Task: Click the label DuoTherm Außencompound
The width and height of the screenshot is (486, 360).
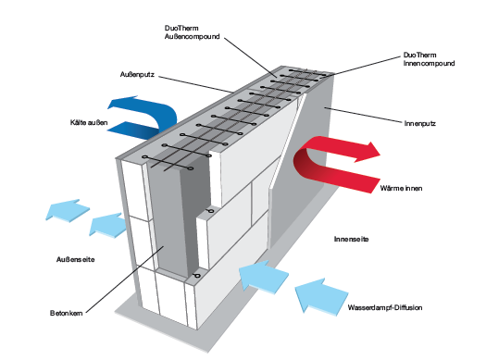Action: click(192, 32)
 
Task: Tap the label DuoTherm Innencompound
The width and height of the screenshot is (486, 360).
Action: click(429, 59)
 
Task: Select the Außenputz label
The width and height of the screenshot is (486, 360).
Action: click(137, 75)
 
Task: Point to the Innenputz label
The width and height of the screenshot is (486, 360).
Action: click(420, 123)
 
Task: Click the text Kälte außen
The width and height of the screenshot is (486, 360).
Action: click(89, 122)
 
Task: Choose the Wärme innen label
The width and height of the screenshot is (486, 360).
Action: click(401, 188)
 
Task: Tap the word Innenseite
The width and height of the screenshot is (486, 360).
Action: click(351, 239)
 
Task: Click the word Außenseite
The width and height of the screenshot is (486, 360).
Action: click(75, 259)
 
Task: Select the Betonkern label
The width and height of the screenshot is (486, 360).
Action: click(67, 313)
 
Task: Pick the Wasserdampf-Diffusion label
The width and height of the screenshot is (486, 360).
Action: click(385, 307)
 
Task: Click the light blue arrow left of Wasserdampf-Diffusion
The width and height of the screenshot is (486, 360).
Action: click(322, 297)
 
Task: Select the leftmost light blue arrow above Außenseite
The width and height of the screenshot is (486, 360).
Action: click(68, 211)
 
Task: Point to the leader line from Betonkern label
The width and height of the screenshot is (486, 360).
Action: click(125, 279)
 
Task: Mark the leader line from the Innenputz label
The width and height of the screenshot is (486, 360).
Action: click(363, 115)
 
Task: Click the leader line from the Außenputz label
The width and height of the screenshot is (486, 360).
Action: click(195, 84)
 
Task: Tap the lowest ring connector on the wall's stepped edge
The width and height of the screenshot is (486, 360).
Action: click(196, 276)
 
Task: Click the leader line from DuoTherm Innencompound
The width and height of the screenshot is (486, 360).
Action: click(366, 66)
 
